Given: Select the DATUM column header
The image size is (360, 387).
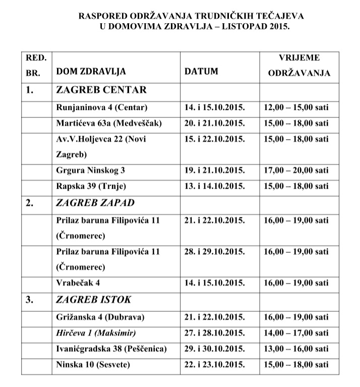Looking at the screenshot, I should tap(201, 71).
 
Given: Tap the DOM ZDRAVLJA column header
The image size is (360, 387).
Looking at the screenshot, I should tap(91, 71).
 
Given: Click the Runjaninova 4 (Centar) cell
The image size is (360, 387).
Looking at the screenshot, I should tap(101, 107).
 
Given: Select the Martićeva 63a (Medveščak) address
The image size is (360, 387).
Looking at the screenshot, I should tap(110, 123).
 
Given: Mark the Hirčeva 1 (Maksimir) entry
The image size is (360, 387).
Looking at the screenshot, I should tap(97, 333).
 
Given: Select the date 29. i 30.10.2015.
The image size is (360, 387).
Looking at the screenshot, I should tap(215, 349).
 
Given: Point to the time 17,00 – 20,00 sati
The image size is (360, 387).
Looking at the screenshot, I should tap(296, 171).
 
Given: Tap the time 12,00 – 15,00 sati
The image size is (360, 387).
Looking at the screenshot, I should tap(296, 107).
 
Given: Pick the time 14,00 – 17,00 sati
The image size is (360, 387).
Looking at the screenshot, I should tap(296, 333).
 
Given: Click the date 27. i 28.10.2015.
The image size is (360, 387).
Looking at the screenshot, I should tap(215, 333).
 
